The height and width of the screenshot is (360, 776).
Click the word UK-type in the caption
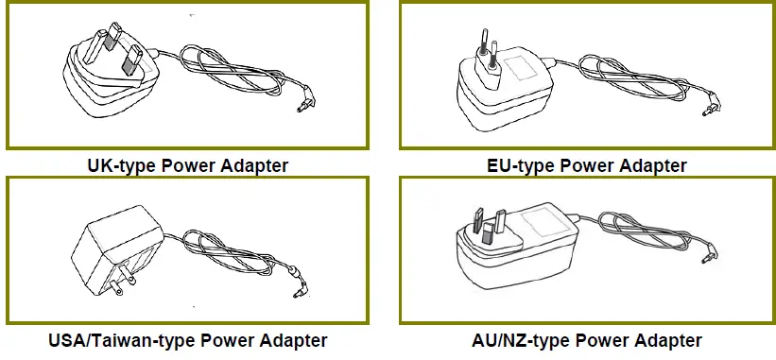coord(120,166)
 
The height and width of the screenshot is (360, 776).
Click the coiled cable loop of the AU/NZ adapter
coord(643,231)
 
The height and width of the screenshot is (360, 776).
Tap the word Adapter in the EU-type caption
coord(653,166)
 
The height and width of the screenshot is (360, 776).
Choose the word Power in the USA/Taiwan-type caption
coord(217,340)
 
